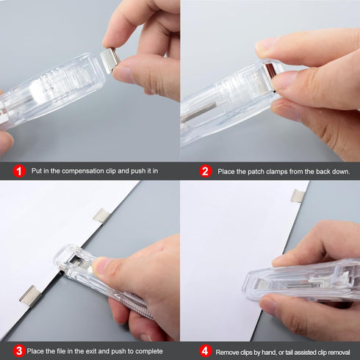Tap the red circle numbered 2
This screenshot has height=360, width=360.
click(206, 170)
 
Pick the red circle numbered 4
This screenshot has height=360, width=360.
click(205, 351)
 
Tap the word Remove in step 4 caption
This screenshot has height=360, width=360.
click(227, 352)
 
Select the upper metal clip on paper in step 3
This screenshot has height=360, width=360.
click(101, 215)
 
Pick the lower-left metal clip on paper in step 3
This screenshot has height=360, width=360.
click(30, 295)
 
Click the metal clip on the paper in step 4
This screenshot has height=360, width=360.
click(298, 195)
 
